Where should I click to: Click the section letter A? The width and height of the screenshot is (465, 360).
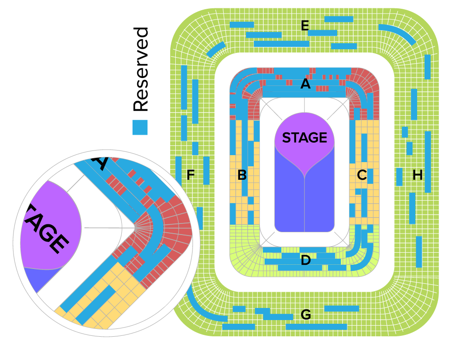pyautogui.click(x=305, y=84)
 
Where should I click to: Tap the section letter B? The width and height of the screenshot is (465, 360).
pyautogui.click(x=242, y=175)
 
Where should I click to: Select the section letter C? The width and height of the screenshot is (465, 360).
pyautogui.click(x=362, y=175)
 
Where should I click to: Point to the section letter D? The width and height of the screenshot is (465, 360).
pyautogui.click(x=306, y=261)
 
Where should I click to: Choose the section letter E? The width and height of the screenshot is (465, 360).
pyautogui.click(x=305, y=26)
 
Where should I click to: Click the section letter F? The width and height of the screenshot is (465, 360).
pyautogui.click(x=190, y=175)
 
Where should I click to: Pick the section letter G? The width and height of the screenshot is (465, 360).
pyautogui.click(x=306, y=315)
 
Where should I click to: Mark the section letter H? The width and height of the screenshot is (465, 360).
pyautogui.click(x=418, y=175)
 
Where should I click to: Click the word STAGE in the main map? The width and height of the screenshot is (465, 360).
pyautogui.click(x=305, y=138)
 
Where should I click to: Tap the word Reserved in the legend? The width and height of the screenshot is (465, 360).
pyautogui.click(x=140, y=70)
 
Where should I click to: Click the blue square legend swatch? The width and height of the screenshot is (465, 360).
pyautogui.click(x=140, y=127)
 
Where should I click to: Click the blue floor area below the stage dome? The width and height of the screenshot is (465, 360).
pyautogui.click(x=305, y=204)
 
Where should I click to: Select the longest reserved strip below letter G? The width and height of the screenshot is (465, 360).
pyautogui.click(x=316, y=327)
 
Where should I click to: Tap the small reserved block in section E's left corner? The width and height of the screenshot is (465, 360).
pyautogui.click(x=216, y=48)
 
